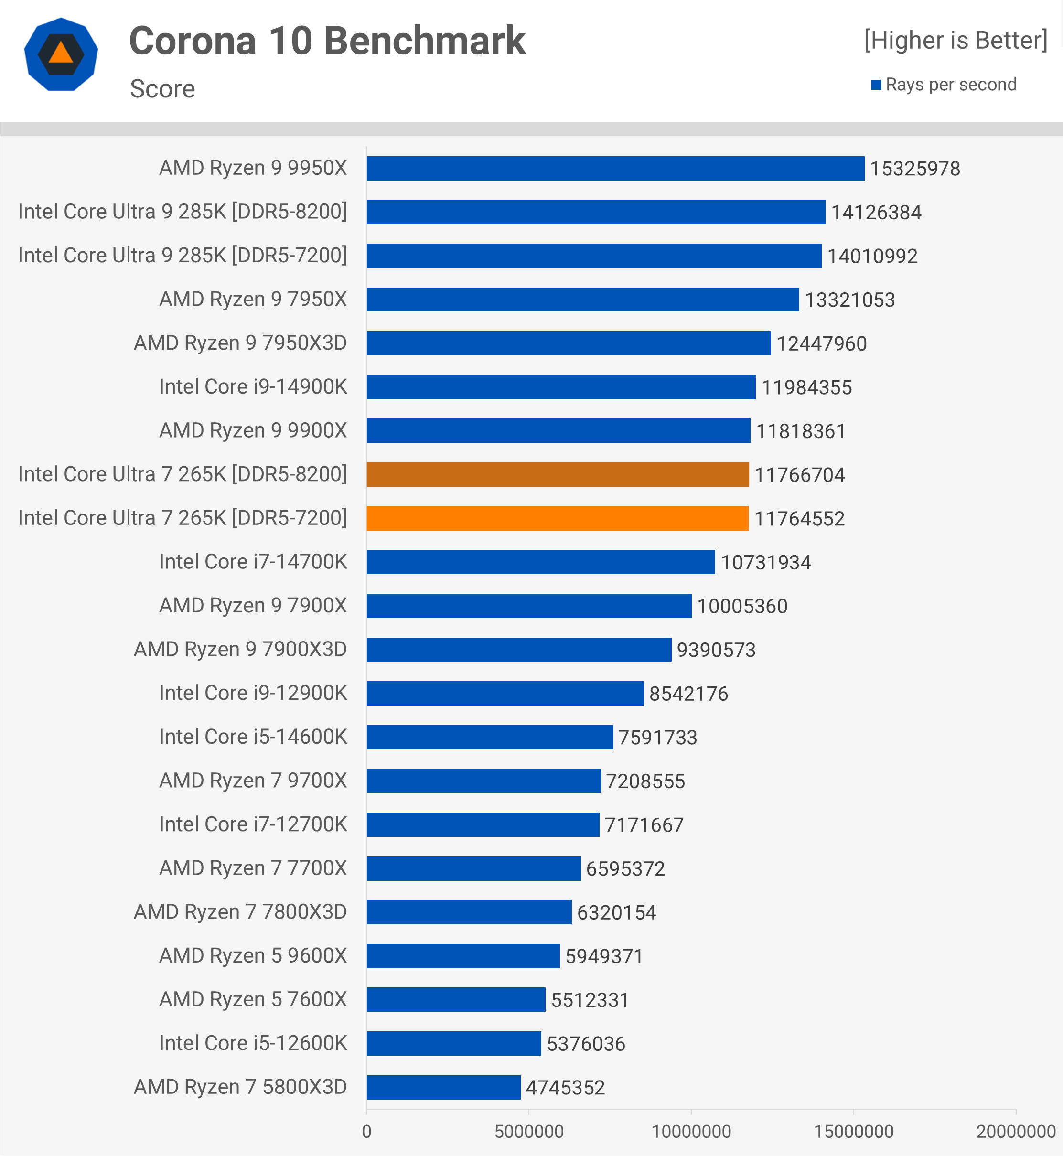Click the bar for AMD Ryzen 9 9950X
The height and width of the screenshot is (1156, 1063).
615,169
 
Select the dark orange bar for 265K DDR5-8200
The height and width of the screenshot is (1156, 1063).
558,474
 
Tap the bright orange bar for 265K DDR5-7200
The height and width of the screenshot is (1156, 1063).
558,518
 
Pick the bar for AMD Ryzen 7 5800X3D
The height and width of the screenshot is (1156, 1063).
443,1087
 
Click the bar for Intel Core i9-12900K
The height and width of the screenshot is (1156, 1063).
505,693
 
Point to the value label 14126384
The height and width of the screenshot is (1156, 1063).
876,213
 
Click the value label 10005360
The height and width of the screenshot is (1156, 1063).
742,606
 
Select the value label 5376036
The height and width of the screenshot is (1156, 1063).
586,1044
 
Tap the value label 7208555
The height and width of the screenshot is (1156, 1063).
645,781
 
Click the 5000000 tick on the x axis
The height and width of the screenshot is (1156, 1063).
529,1131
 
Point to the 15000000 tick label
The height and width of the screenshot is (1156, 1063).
854,1131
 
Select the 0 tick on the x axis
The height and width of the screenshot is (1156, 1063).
366,1131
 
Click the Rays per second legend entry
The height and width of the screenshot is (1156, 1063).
950,85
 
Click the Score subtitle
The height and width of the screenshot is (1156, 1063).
162,88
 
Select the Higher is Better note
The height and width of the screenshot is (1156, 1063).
956,40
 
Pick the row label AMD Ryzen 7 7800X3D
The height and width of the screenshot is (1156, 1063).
240,912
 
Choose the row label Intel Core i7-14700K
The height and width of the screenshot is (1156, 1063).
253,562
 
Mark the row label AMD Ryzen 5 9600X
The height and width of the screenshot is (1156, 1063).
253,956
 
